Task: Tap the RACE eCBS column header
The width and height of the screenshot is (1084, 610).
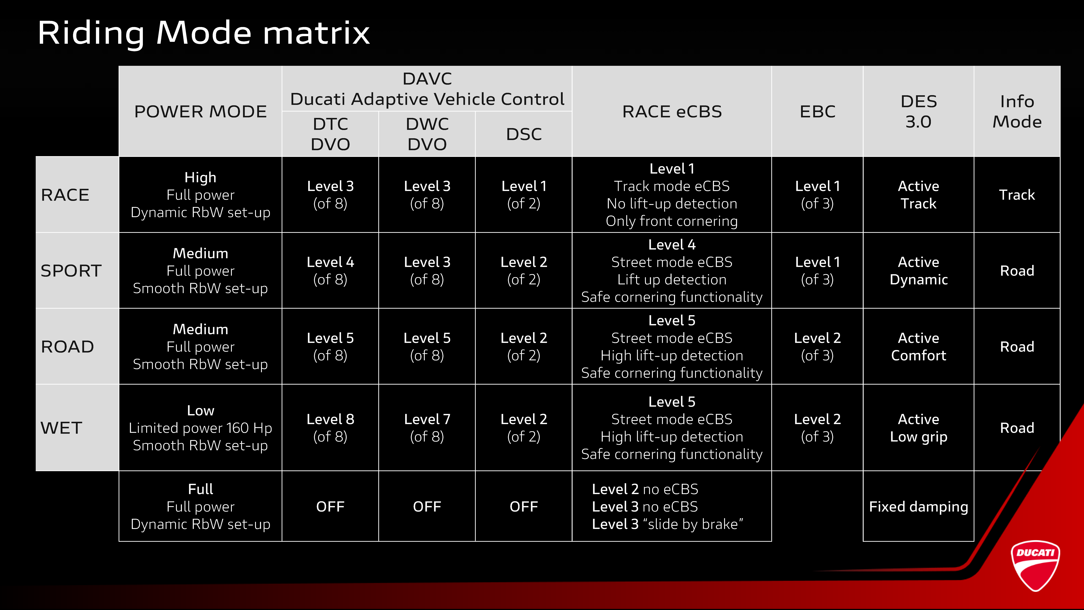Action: (x=672, y=112)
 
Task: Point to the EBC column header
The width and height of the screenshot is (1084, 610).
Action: (x=817, y=112)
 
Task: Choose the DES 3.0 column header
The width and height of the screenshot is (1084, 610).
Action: (x=919, y=112)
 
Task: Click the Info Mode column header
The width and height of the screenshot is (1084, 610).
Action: (x=1017, y=112)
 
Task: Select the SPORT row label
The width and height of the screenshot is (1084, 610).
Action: (x=71, y=271)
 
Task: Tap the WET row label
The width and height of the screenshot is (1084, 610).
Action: (x=61, y=428)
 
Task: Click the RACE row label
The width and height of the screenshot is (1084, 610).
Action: (x=65, y=195)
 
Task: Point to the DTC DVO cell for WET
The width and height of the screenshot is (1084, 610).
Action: (x=330, y=428)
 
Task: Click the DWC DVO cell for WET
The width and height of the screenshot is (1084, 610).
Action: (x=427, y=428)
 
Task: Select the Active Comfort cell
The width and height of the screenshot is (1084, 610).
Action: (x=919, y=347)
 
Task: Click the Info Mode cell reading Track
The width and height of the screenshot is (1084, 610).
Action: (x=1017, y=195)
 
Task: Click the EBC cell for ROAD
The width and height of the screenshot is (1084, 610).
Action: (x=817, y=347)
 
